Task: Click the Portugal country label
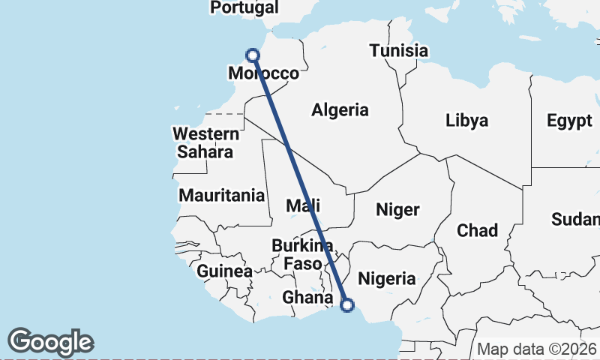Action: click(244, 7)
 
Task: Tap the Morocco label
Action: click(263, 73)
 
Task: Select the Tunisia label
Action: click(398, 51)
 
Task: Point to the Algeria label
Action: click(340, 109)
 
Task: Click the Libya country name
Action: click(466, 120)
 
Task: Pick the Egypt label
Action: click(569, 120)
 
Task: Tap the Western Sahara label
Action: click(206, 142)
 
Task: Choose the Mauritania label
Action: click(221, 196)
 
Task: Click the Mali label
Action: click(304, 205)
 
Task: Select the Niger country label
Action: click(398, 210)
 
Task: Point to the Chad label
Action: click(477, 230)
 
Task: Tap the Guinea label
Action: click(225, 271)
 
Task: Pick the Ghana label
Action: click(307, 298)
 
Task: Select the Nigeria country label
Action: click(386, 279)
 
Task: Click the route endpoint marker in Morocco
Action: click(253, 55)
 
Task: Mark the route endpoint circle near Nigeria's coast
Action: click(347, 304)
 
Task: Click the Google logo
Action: click(51, 341)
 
